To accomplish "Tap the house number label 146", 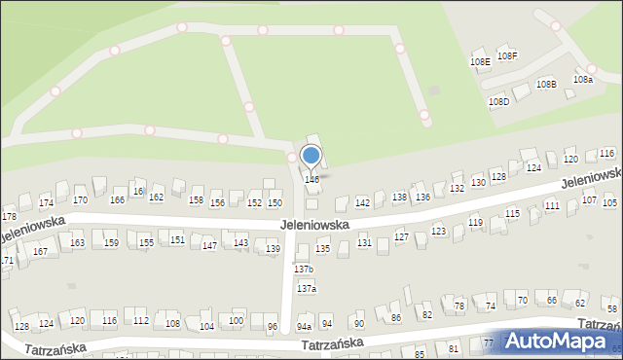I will [311, 180].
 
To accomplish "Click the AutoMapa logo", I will [561, 342].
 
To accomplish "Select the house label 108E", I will [480, 61].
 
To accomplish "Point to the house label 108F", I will [507, 56].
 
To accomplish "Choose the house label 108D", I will [498, 101].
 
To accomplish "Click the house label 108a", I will [583, 79].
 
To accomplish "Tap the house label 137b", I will [305, 269].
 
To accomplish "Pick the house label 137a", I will [308, 289].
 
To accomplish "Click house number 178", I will [9, 216].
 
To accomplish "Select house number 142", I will [362, 202].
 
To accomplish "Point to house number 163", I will [78, 243].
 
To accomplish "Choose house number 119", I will [475, 223].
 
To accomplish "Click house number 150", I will [275, 202].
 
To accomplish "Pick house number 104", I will [206, 326].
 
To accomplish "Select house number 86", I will [395, 318].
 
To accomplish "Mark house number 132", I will [457, 189].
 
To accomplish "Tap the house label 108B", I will [547, 85].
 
